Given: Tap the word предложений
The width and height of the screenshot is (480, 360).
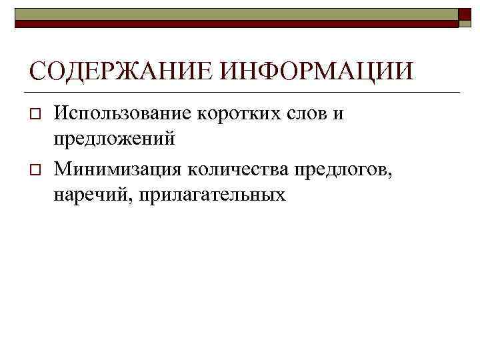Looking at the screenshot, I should tap(115, 139).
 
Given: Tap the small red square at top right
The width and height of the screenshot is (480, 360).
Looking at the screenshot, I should tap(465, 17).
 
